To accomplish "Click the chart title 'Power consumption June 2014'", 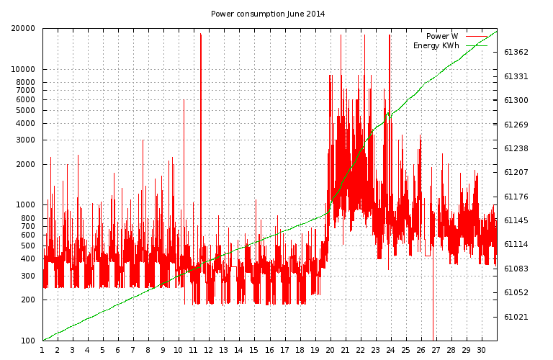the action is coord(268,14).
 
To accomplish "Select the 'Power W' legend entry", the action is coord(442,36).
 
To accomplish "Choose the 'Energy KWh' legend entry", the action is coord(436,45).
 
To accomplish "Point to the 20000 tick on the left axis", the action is coord(23,28).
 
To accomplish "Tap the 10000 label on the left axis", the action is coord(23,69).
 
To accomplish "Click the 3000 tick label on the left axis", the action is coord(25,140).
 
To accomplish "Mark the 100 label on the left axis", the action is coord(28,341).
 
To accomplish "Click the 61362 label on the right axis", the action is coord(516,52).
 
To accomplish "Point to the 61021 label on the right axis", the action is coord(516,317).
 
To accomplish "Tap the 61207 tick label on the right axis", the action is coord(516,172).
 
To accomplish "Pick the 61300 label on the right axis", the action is coord(516,100).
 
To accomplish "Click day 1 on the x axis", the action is coord(42,350).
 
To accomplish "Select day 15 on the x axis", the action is coord(254,350).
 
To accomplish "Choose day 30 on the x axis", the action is coord(482,350).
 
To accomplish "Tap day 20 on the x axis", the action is coord(330,350).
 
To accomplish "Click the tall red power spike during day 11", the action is coord(201,141).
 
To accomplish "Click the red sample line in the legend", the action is coord(477,36).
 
